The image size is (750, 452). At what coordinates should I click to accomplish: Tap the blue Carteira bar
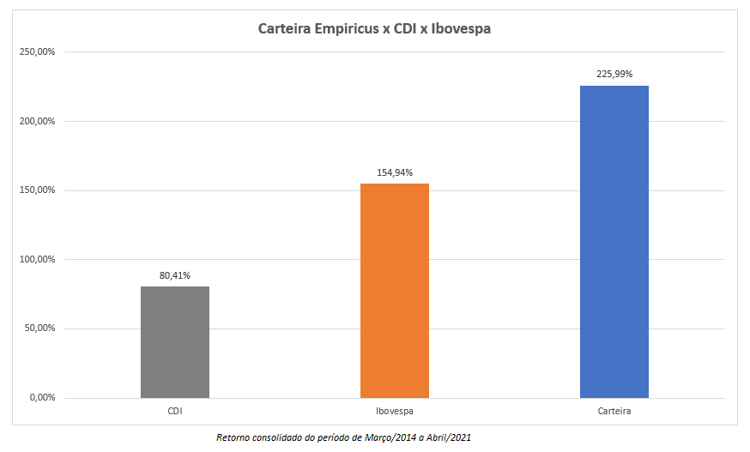pyautogui.click(x=614, y=241)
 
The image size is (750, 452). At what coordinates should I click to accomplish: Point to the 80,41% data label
pyautogui.click(x=174, y=275)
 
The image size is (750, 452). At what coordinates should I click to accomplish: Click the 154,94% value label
pyautogui.click(x=395, y=172)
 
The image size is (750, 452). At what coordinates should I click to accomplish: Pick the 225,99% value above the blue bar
pyautogui.click(x=614, y=74)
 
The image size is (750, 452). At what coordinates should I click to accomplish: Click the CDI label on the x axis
pyautogui.click(x=174, y=412)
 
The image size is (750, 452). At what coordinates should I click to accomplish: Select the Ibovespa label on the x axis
pyautogui.click(x=395, y=412)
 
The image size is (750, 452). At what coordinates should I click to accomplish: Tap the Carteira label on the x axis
pyautogui.click(x=614, y=412)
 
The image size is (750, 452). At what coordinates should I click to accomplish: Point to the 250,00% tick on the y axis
pyautogui.click(x=37, y=52)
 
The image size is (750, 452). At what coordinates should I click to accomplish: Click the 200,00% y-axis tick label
pyautogui.click(x=37, y=121)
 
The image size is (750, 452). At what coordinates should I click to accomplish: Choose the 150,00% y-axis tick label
pyautogui.click(x=37, y=190)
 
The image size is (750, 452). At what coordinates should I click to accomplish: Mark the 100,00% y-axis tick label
pyautogui.click(x=37, y=259)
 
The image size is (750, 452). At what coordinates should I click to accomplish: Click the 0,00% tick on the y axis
pyautogui.click(x=41, y=397)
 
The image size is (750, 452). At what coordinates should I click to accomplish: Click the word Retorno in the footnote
pyautogui.click(x=235, y=437)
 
